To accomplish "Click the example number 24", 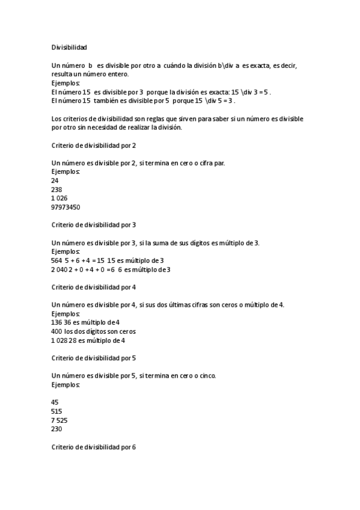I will pos(56,180).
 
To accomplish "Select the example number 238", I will pos(58,189).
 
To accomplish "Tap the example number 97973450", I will pos(66,207).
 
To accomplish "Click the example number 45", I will pos(56,402).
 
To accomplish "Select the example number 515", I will pos(58,411).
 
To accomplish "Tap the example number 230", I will pos(58,429).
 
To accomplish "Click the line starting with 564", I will pos(108,260).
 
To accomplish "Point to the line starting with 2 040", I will pos(111,269).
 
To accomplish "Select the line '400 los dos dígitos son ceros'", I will pos(94,331).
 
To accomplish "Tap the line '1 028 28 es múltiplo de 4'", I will pos(88,340).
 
